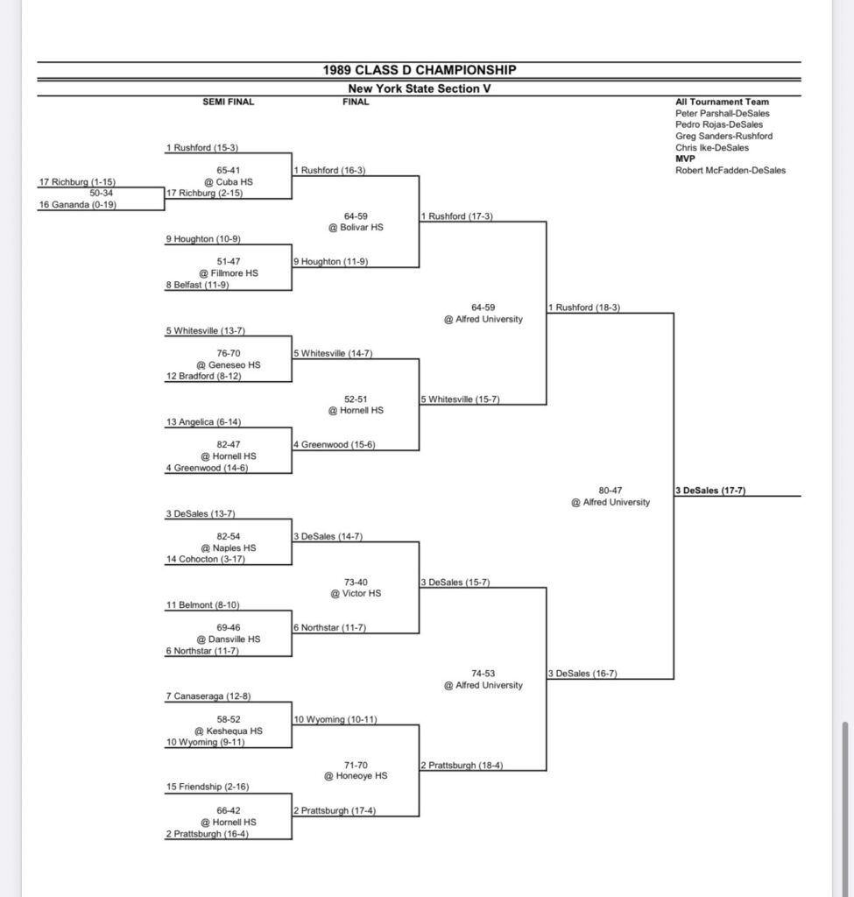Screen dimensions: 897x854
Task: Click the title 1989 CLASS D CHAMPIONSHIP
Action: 419,70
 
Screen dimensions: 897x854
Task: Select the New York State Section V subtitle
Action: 419,88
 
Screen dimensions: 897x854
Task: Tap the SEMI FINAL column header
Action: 228,102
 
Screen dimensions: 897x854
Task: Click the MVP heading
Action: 685,159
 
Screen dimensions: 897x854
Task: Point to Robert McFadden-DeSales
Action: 730,171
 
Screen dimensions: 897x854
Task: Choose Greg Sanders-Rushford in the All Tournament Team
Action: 723,137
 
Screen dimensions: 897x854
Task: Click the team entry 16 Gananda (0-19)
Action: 78,205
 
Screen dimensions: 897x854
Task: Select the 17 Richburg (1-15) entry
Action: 77,182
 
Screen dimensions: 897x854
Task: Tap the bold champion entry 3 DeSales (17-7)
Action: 710,491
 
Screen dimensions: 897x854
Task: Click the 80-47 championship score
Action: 611,491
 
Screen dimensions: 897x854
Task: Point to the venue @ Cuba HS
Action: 228,182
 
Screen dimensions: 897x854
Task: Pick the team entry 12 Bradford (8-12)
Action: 203,376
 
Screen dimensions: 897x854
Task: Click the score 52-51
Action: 355,399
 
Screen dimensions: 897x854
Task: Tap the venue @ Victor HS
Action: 355,593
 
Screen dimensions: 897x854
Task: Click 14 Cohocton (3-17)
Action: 204,559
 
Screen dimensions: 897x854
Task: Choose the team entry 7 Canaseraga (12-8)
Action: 208,696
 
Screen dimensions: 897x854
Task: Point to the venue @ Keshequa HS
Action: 228,731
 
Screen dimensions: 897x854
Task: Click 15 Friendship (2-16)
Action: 206,788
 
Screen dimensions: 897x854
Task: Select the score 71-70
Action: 355,764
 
